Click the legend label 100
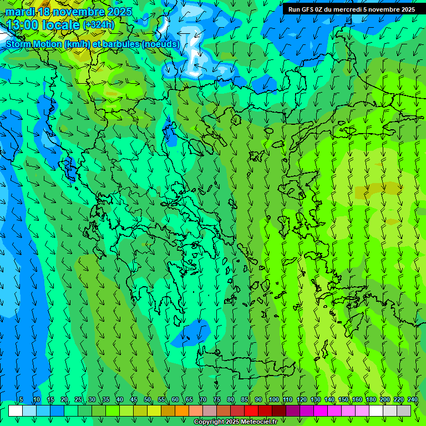pos(274,399)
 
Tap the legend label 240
pos(413,399)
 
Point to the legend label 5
pos(21,399)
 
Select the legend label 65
pos(189,399)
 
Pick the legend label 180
pos(371,399)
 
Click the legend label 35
pos(106,399)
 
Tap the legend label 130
pos(316,399)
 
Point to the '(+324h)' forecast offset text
pos(98,25)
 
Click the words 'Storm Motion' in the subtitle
pos(33,44)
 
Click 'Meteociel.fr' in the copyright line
pos(260,422)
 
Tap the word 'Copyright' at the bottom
pos(209,422)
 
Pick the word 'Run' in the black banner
pos(294,9)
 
